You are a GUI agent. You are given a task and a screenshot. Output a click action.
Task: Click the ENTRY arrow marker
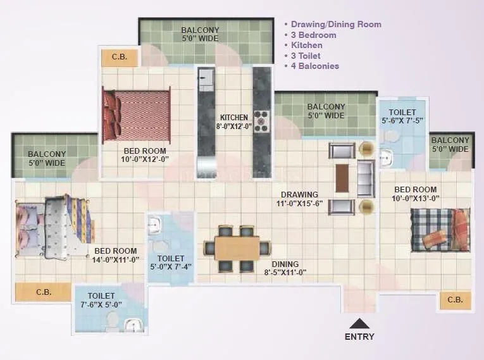coord(359,323)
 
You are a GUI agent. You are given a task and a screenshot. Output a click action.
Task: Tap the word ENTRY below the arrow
coord(359,337)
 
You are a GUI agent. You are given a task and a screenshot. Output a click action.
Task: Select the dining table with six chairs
coord(237,248)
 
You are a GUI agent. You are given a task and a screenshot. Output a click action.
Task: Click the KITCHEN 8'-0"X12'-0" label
coord(235,121)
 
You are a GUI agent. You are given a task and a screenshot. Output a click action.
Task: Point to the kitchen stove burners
coord(261,121)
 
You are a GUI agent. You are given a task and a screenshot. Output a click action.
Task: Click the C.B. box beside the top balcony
coord(120,57)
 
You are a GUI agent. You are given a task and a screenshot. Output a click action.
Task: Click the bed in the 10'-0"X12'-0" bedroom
coord(137,116)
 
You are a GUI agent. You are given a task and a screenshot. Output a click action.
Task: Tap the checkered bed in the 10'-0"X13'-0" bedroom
coord(440,230)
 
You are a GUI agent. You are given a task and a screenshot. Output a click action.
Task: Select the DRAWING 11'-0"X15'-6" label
coord(300,199)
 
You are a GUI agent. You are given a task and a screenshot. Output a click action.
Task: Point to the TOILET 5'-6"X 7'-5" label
coord(402,116)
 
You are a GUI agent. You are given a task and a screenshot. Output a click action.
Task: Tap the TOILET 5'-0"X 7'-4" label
coord(171,263)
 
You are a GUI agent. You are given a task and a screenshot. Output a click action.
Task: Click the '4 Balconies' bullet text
coord(314,66)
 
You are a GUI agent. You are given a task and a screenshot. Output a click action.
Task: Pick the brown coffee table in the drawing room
coord(342,178)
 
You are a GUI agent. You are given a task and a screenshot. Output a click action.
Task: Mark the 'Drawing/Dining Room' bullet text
coord(335,25)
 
